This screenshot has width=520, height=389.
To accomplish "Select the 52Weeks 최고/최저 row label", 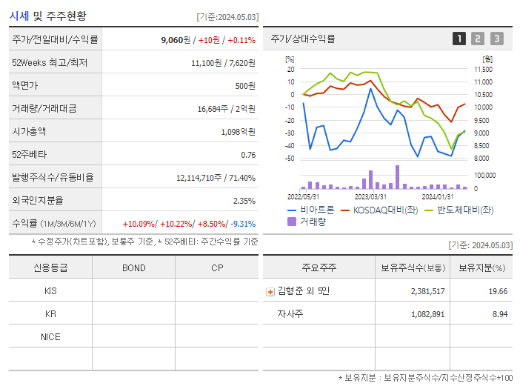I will [50, 63].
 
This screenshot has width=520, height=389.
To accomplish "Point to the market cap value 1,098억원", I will [238, 132].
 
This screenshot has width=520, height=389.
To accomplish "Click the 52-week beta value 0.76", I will [248, 155].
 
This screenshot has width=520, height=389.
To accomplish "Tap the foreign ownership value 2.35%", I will [244, 201].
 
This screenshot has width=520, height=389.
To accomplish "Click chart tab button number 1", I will [459, 39].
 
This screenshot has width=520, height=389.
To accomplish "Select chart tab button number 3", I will [496, 39].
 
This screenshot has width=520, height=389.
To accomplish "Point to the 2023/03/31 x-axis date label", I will [370, 197].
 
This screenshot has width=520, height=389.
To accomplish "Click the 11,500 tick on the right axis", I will [483, 69].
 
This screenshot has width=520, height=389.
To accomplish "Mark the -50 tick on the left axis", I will [290, 158].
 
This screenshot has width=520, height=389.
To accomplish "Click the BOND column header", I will [133, 267].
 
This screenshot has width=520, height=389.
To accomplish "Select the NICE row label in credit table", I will [50, 336].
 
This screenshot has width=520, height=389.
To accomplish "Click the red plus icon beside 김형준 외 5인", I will [270, 291].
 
